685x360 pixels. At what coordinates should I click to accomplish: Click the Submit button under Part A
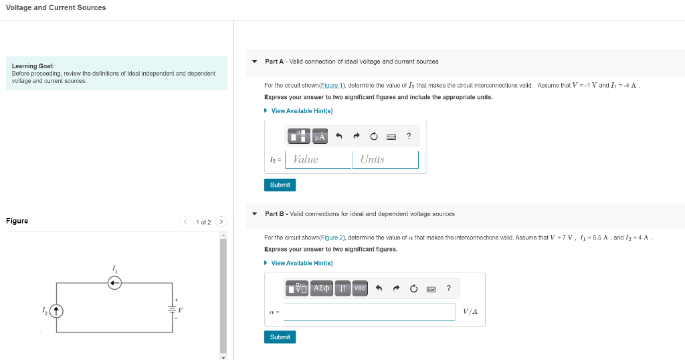click(x=280, y=185)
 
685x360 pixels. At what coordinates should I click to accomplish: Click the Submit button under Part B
click(x=280, y=337)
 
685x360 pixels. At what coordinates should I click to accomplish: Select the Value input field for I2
click(x=318, y=159)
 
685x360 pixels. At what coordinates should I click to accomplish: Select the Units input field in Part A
click(x=385, y=159)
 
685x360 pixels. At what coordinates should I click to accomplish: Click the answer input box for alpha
click(x=369, y=312)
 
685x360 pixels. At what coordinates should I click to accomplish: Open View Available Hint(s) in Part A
click(x=302, y=111)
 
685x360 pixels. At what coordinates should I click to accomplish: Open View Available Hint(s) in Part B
click(x=302, y=263)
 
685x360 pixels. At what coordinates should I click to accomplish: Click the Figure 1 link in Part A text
click(x=332, y=86)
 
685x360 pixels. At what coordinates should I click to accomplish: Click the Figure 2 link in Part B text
click(x=332, y=238)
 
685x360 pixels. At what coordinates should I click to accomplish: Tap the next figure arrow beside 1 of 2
click(x=221, y=222)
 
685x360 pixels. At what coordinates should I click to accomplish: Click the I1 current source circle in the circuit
click(x=115, y=283)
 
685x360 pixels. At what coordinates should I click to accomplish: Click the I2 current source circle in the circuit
click(x=57, y=310)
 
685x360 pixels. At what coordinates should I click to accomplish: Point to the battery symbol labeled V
click(x=171, y=309)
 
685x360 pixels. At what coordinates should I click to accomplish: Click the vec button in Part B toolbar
click(x=360, y=288)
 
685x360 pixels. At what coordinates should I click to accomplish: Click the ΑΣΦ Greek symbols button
click(x=322, y=288)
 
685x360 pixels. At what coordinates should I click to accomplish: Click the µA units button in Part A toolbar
click(x=320, y=137)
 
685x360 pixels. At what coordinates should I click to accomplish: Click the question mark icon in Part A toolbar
click(x=409, y=137)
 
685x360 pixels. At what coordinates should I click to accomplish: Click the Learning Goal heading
click(x=33, y=66)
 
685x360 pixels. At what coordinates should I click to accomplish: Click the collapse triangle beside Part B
click(x=254, y=214)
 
